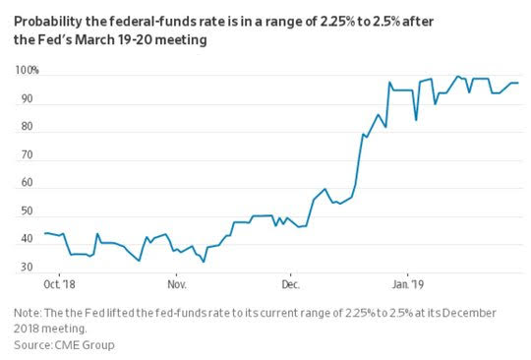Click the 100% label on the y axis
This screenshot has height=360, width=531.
coord(27,71)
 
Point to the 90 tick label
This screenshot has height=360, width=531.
coord(27,98)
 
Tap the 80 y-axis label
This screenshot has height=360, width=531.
coord(27,127)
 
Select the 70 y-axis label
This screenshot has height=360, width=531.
coord(27,154)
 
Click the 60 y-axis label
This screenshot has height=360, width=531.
coord(27,183)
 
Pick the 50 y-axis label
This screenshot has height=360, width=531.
coord(27,211)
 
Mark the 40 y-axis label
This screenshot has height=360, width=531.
coord(27,239)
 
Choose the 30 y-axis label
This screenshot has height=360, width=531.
coord(27,267)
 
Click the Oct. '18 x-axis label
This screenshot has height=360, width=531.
coord(59,284)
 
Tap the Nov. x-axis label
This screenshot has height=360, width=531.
coord(177,284)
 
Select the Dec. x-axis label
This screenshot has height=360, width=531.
coord(291,284)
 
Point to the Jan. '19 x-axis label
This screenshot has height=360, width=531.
coord(408,284)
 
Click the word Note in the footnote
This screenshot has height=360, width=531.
coord(28,313)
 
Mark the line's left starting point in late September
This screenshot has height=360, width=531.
coord(45,233)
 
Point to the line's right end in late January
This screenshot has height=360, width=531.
coord(518,83)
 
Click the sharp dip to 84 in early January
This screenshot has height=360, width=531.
coord(416,120)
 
